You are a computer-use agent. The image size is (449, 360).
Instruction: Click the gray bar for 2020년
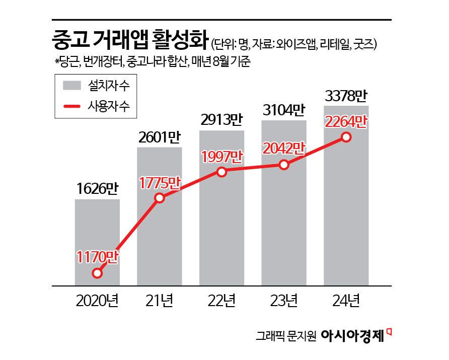(97, 242)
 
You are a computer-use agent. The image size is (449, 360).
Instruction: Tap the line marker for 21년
(160, 198)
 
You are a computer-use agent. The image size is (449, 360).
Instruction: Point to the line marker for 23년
(284, 165)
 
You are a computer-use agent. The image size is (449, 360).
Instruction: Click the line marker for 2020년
(98, 273)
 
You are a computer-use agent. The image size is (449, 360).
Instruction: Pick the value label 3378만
(346, 95)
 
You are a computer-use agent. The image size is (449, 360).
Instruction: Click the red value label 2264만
(346, 122)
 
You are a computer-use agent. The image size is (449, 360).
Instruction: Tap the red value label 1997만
(221, 156)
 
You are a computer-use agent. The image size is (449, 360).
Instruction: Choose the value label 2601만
(160, 137)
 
